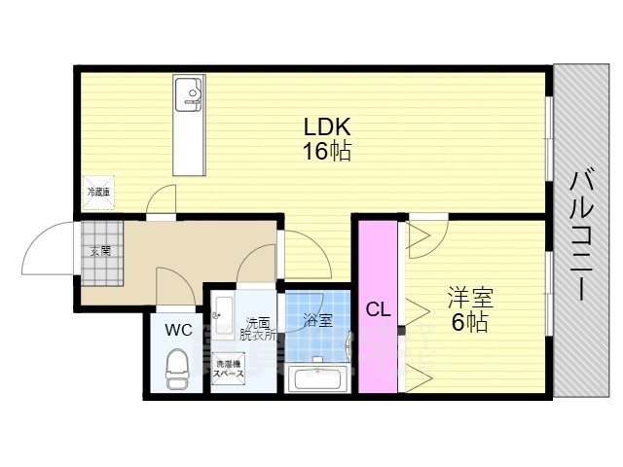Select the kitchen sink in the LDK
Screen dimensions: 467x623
[188, 94]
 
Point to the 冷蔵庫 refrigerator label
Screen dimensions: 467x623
[98, 193]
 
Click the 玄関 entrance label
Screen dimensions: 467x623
[100, 251]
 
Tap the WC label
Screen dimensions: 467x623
[177, 330]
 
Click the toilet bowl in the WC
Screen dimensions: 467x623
[176, 370]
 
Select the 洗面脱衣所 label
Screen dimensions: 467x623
[258, 329]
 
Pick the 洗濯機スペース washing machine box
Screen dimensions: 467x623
[230, 371]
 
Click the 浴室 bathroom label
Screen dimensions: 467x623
[317, 319]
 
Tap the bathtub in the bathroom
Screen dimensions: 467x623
[318, 378]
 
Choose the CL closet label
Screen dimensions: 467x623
[378, 309]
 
